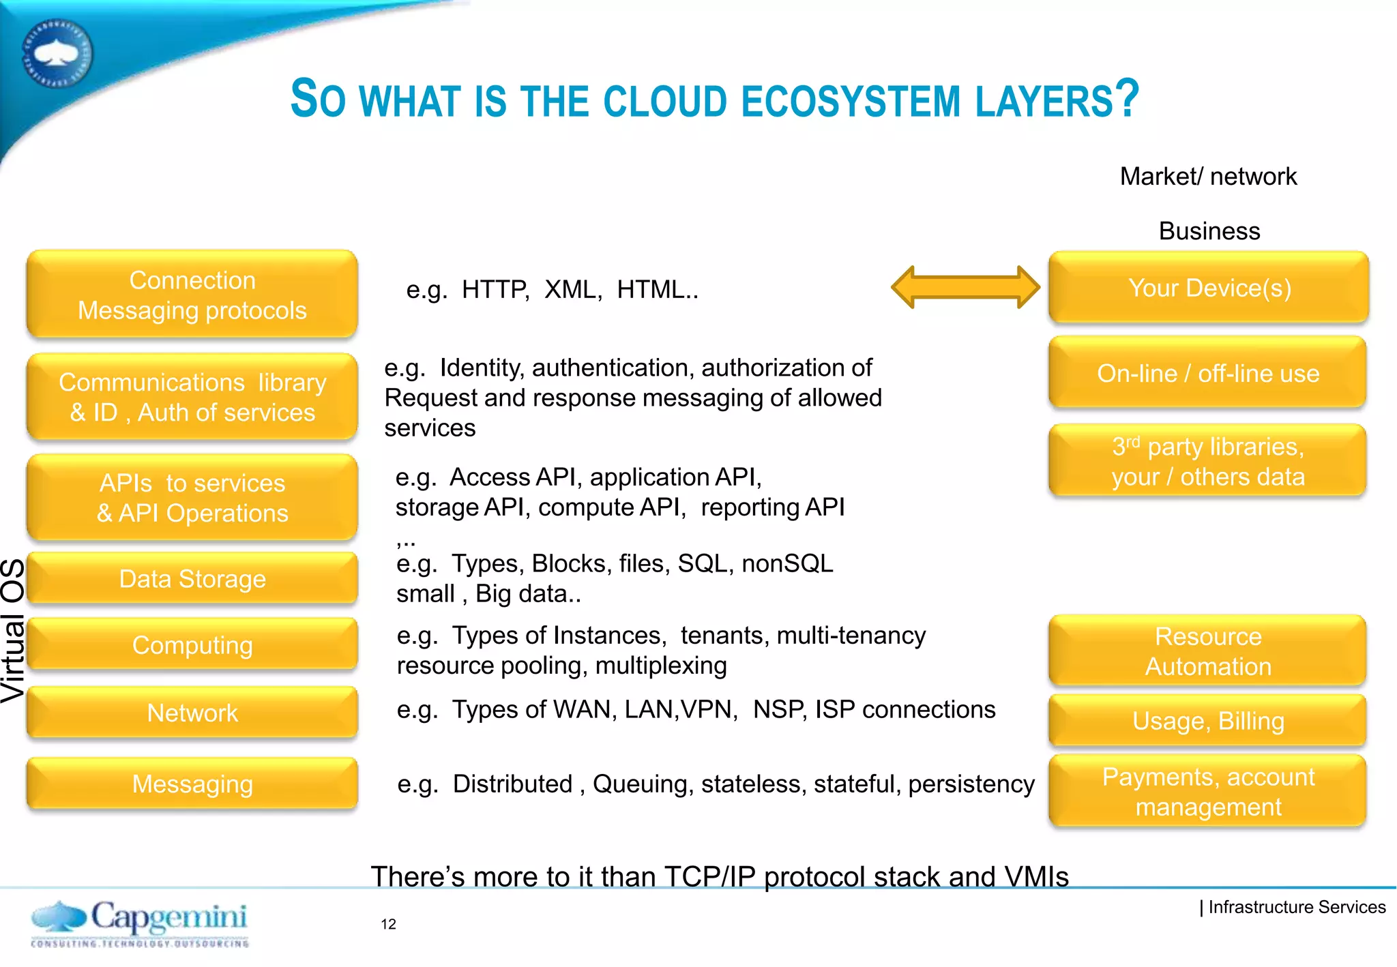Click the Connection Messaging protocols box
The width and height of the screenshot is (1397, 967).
tap(192, 295)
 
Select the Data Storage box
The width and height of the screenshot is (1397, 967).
tap(192, 579)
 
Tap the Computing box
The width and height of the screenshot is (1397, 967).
tap(192, 645)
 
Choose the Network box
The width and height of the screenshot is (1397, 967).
tap(192, 713)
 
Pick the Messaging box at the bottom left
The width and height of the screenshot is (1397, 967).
tap(192, 784)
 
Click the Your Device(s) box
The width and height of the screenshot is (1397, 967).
tap(1209, 288)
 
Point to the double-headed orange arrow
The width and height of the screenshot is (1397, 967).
tap(965, 287)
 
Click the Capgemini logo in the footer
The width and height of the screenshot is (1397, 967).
tap(140, 923)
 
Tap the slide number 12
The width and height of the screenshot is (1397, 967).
tap(388, 924)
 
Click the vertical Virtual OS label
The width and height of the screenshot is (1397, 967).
tap(12, 631)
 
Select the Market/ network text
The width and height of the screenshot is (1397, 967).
tap(1208, 177)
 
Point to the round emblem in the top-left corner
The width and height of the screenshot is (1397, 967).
tap(57, 53)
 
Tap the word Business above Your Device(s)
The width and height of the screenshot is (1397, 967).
tap(1209, 231)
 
